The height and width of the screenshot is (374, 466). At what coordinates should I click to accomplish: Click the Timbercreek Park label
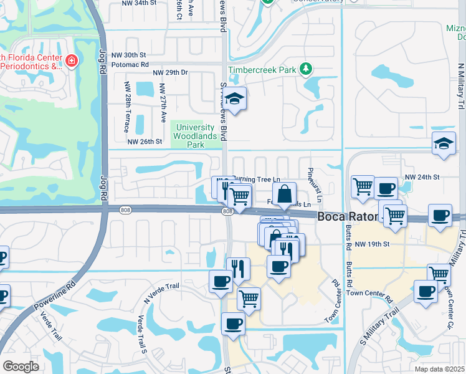[x=262, y=70]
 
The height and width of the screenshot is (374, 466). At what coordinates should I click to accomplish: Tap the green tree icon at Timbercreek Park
[x=306, y=68]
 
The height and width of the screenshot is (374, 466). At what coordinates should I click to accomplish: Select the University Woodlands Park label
[x=188, y=135]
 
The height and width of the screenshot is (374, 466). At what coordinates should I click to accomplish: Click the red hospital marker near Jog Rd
[x=72, y=60]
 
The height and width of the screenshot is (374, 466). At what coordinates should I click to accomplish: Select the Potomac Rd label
[x=130, y=64]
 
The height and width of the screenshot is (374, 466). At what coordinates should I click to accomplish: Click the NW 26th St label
[x=145, y=141]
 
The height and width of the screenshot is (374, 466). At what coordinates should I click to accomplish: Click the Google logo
[x=21, y=366]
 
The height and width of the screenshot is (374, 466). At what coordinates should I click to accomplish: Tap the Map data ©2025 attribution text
[x=440, y=369]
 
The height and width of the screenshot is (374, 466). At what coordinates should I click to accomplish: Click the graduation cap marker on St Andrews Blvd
[x=234, y=100]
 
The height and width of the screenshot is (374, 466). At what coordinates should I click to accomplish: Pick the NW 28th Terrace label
[x=127, y=107]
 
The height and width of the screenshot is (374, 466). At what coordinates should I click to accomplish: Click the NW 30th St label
[x=130, y=55]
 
